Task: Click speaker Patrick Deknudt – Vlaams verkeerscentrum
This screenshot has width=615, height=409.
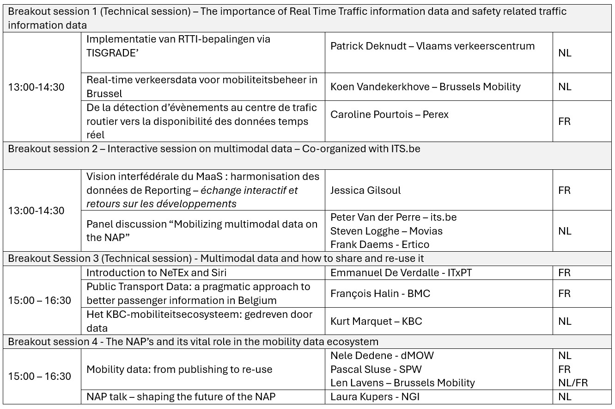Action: pyautogui.click(x=432, y=46)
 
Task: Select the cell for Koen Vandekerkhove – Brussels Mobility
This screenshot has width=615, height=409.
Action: pyautogui.click(x=425, y=87)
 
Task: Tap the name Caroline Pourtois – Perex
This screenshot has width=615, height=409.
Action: pyautogui.click(x=389, y=114)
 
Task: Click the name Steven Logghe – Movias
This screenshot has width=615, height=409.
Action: pyautogui.click(x=386, y=231)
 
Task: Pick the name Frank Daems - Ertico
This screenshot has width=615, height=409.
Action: pyautogui.click(x=379, y=244)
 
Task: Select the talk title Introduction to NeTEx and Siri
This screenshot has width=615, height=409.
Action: pyautogui.click(x=156, y=273)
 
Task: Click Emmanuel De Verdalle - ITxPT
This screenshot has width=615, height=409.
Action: pyautogui.click(x=401, y=273)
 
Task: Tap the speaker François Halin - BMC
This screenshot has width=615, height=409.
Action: pyautogui.click(x=380, y=294)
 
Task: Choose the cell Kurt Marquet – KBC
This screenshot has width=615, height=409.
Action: pyautogui.click(x=376, y=322)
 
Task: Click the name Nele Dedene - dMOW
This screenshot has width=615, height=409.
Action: pyautogui.click(x=382, y=356)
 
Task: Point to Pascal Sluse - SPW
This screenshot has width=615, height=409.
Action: pyautogui.click(x=376, y=370)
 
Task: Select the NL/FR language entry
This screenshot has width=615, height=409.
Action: pyautogui.click(x=573, y=383)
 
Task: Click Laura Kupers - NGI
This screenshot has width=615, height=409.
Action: pyautogui.click(x=375, y=397)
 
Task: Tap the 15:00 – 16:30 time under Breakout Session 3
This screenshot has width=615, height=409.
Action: pyautogui.click(x=40, y=301)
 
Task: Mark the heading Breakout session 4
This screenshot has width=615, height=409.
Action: pyautogui.click(x=193, y=342)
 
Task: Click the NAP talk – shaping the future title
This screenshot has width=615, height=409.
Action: pyautogui.click(x=181, y=397)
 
